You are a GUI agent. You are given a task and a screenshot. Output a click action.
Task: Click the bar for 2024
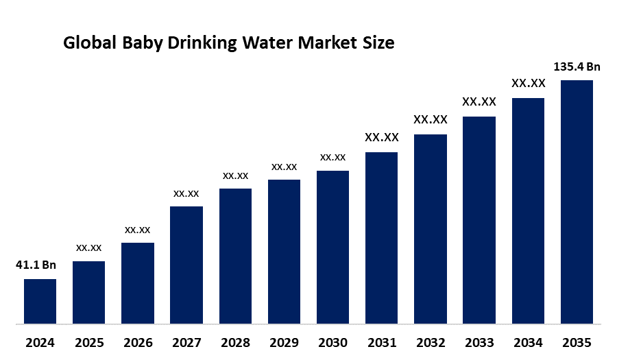pos(40,302)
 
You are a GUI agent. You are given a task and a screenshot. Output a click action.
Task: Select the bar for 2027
pos(186,265)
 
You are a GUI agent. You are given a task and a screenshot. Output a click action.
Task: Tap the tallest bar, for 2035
pos(577,202)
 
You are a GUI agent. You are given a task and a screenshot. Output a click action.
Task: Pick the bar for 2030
pos(333,247)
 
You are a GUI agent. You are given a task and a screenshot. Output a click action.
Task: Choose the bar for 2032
pos(431,229)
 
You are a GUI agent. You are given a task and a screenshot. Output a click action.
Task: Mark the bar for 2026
pos(138,283)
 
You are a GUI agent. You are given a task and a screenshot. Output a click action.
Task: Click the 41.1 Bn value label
pos(36,265)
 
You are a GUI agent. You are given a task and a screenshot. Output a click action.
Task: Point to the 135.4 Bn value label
pos(577,67)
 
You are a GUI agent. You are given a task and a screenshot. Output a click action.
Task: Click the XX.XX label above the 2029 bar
pos(284,167)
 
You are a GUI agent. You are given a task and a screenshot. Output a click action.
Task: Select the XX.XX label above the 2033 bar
pos(479,101)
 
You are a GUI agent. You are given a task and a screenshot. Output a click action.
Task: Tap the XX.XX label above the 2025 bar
pos(89,248)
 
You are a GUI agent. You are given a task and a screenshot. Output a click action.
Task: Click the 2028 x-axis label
pos(235,343)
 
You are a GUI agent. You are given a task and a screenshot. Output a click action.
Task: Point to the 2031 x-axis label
pos(382,343)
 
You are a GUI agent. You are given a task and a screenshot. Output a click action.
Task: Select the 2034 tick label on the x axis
pos(528,343)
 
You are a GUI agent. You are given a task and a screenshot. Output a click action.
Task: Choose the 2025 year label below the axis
pos(89,343)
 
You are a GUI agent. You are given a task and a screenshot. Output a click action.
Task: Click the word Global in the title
pos(90,43)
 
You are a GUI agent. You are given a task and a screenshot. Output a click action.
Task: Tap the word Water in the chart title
pos(267,43)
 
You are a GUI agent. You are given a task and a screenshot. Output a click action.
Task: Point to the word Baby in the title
pos(142,43)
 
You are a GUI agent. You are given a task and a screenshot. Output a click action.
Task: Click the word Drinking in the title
pos(202,43)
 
